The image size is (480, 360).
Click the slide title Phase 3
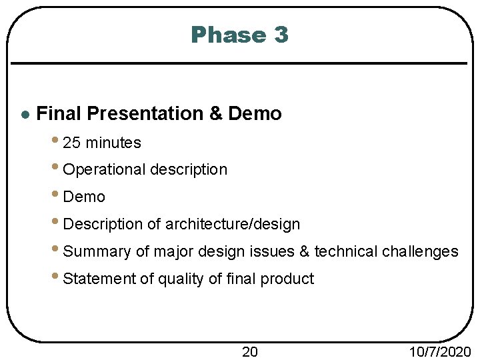[239, 35]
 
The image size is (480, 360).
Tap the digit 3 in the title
[280, 35]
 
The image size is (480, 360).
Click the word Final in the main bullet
[59, 114]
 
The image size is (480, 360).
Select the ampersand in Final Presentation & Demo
[216, 114]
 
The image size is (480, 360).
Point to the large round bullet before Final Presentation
[25, 115]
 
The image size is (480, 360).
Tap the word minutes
[113, 143]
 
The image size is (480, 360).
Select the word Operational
[104, 170]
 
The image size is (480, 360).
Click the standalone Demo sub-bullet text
[84, 197]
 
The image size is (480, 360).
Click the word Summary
[97, 252]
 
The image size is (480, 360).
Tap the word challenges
[420, 252]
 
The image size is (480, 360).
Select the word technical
[346, 252]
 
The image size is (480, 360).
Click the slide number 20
[249, 351]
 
